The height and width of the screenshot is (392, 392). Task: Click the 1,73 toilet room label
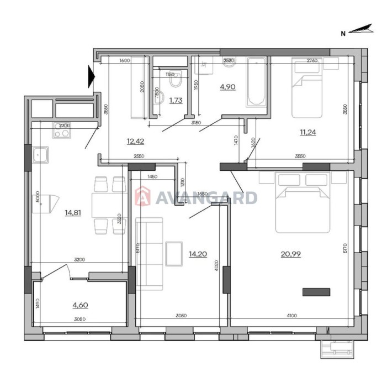click(x=176, y=100)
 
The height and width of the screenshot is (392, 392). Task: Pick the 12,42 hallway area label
click(x=135, y=141)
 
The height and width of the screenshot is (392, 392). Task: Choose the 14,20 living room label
click(x=197, y=254)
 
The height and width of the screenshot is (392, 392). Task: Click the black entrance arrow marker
click(x=91, y=77)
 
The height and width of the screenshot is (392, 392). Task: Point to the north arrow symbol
click(x=362, y=30)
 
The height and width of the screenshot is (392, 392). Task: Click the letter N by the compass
click(x=343, y=33)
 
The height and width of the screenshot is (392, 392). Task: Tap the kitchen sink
click(x=40, y=155)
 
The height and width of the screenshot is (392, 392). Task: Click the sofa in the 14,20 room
click(x=149, y=252)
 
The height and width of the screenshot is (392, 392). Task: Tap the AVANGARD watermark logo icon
click(x=142, y=197)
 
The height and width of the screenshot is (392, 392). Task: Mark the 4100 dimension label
click(x=292, y=316)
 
